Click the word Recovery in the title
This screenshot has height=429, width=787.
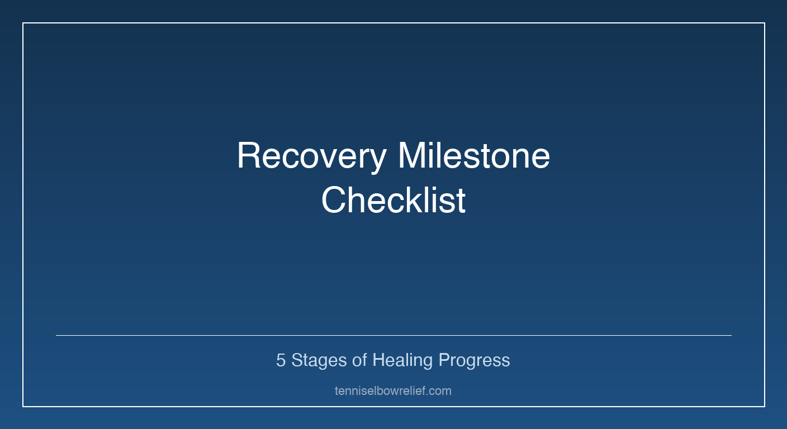pos(311,156)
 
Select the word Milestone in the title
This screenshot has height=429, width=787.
pos(473,156)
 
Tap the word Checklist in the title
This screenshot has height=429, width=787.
pos(393,201)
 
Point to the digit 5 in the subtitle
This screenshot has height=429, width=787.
pos(281,360)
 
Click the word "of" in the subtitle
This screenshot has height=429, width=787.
pos(359,360)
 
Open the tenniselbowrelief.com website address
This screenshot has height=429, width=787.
pos(393,391)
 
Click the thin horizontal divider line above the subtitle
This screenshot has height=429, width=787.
pos(393,335)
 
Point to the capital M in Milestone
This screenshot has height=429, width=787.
pos(412,156)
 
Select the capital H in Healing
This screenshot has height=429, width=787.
pos(378,360)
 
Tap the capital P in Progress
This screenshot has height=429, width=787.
pos(444,360)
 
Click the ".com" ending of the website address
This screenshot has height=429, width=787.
pos(439,391)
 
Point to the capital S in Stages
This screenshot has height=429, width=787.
pos(297,360)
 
